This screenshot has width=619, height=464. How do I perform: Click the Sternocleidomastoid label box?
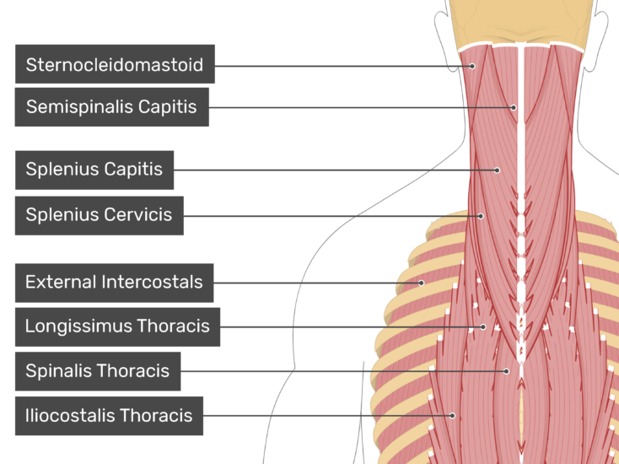click(115, 64)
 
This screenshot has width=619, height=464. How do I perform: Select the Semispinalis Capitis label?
click(111, 107)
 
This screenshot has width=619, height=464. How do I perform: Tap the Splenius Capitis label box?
click(94, 170)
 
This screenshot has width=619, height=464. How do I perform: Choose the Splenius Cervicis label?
click(99, 216)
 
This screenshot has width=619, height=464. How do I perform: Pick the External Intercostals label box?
click(114, 283)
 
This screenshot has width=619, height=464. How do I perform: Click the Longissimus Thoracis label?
click(117, 327)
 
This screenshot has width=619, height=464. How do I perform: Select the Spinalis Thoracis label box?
click(98, 371)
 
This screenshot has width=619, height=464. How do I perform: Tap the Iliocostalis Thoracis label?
click(109, 416)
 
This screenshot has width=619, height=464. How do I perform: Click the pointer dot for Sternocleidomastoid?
click(472, 67)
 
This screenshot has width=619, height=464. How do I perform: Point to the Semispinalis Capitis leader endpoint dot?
click(514, 107)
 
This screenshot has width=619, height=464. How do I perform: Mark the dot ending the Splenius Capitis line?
click(497, 170)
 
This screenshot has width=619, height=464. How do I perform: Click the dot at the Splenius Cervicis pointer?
click(481, 216)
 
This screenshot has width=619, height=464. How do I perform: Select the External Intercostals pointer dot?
click(421, 283)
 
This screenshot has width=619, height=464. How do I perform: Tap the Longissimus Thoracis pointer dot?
click(483, 327)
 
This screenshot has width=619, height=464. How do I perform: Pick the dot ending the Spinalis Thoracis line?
click(506, 371)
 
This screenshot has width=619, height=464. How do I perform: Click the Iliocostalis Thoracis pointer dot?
click(452, 415)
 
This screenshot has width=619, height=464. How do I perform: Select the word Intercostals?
click(152, 282)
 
